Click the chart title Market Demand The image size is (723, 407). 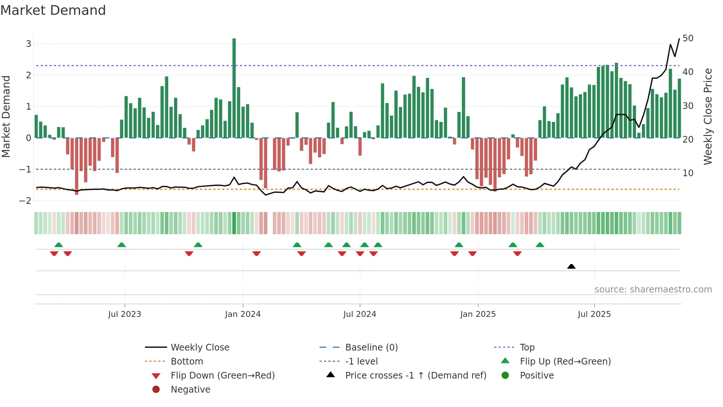pyautogui.click(x=53, y=10)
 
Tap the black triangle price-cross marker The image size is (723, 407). pyautogui.click(x=571, y=266)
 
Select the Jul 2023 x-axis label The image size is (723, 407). pyautogui.click(x=125, y=314)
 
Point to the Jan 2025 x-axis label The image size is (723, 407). pyautogui.click(x=478, y=314)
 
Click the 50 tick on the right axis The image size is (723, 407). pyautogui.click(x=688, y=38)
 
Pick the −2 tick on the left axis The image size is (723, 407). pyautogui.click(x=25, y=201)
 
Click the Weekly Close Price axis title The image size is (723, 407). pyautogui.click(x=708, y=116)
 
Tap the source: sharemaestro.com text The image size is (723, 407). pyautogui.click(x=653, y=289)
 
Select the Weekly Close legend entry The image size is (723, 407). pyautogui.click(x=200, y=347)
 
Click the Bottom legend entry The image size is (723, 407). pyautogui.click(x=187, y=361)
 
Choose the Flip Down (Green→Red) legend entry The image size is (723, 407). pyautogui.click(x=222, y=375)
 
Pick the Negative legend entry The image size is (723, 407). pyautogui.click(x=190, y=389)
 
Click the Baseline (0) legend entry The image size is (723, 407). pyautogui.click(x=371, y=347)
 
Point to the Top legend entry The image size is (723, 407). pyautogui.click(x=527, y=347)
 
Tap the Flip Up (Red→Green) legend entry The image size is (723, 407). pyautogui.click(x=565, y=361)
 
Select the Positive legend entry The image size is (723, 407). pyautogui.click(x=537, y=375)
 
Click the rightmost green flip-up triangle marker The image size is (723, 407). pyautogui.click(x=540, y=245)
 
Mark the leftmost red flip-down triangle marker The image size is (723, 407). pyautogui.click(x=54, y=253)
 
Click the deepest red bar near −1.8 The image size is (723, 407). pyautogui.click(x=77, y=166)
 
